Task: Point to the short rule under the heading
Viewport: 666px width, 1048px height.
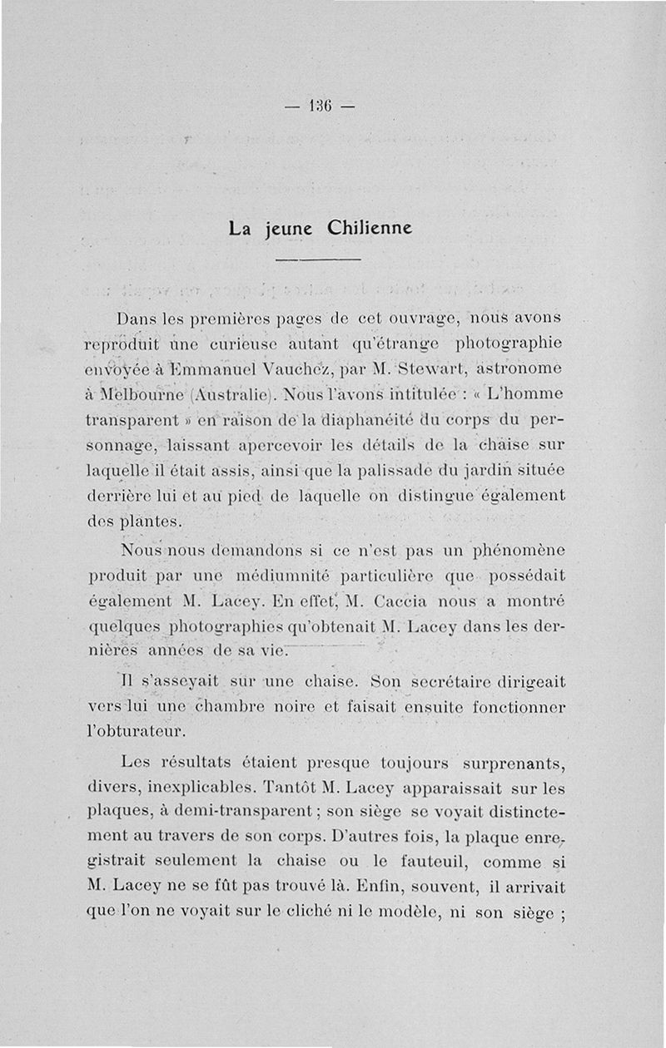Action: [x=317, y=261]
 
